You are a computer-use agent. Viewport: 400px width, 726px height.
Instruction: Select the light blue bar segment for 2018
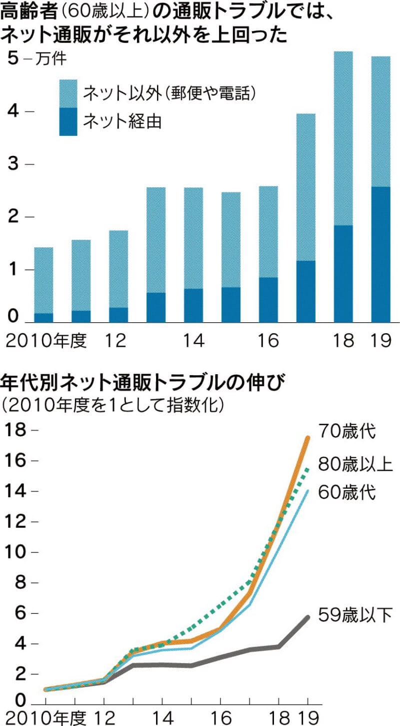[x=343, y=138]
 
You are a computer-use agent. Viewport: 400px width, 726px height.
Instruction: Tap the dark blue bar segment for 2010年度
[x=43, y=317]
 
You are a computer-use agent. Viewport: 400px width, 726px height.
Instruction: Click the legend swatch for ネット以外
[x=68, y=93]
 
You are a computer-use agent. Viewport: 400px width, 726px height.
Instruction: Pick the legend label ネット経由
[x=122, y=121]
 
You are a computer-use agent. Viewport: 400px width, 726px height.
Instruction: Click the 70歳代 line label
[x=350, y=431]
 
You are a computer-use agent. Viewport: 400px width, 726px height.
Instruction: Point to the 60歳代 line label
[x=350, y=493]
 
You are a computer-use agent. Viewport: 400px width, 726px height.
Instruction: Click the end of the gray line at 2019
[x=307, y=618]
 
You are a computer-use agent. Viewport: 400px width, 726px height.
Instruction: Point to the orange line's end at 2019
[x=307, y=438]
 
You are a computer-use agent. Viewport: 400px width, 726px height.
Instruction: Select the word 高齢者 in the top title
[x=25, y=11]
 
